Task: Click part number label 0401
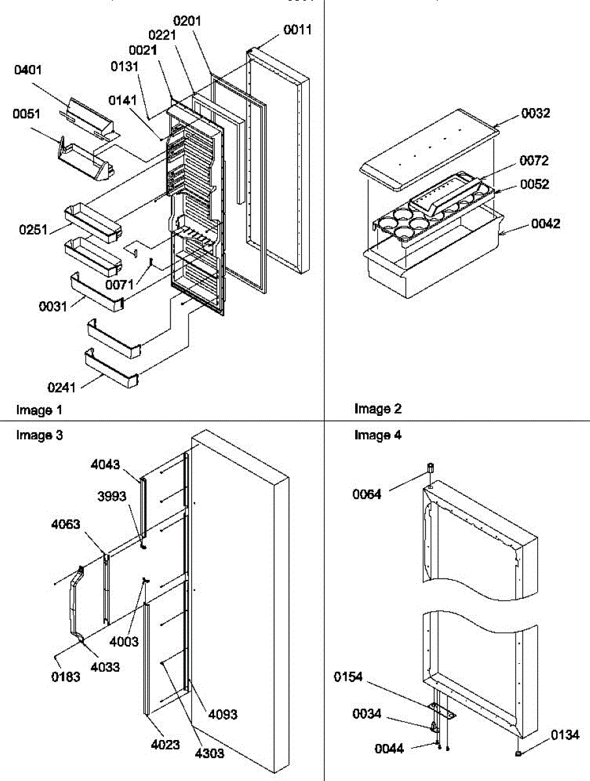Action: coord(28,70)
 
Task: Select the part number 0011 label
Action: coord(297,30)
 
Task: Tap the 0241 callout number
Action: coord(61,388)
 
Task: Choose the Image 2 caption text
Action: coord(378,409)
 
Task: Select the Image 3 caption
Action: coord(40,435)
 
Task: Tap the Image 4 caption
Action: coord(378,435)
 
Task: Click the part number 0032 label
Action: coord(535,113)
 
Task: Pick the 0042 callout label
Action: coord(546,224)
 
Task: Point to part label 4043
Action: coord(105,464)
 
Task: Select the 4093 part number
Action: coord(223,715)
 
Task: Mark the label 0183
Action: coord(67,677)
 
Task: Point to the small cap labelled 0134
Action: coord(518,753)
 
